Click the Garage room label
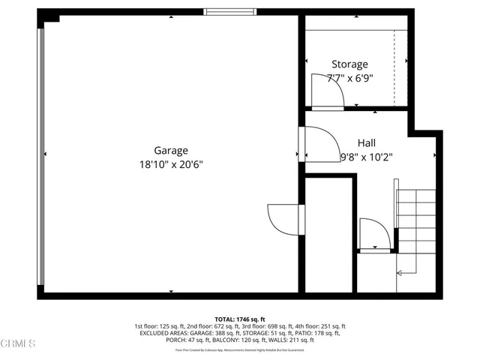click(171, 150)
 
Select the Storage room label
click(349, 64)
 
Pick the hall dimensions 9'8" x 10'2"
click(367, 157)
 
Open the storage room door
click(328, 93)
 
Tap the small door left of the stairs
click(373, 234)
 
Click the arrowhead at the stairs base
click(399, 272)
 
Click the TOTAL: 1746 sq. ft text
click(240, 319)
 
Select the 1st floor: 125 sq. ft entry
click(160, 326)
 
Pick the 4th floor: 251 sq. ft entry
click(321, 326)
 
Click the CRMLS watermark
click(18, 344)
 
